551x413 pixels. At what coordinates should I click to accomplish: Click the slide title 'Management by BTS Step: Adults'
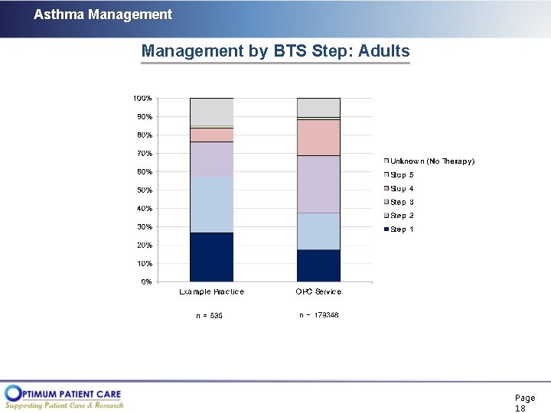tap(275, 51)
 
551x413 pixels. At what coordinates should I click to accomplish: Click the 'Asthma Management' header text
tap(103, 15)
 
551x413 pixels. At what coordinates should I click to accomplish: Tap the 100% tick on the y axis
tap(142, 99)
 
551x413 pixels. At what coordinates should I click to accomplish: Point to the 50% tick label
tap(144, 190)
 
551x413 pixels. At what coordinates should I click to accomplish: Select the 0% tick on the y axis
tap(145, 282)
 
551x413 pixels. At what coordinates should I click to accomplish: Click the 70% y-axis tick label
tap(144, 154)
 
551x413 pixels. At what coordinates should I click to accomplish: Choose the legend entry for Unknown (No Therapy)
tap(432, 161)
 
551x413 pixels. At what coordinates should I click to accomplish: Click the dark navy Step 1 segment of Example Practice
tap(211, 257)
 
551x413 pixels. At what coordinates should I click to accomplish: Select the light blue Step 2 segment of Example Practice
tap(211, 205)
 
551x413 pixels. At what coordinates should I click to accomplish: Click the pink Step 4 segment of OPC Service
tap(318, 138)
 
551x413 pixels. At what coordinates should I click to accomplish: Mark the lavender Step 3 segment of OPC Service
tap(318, 184)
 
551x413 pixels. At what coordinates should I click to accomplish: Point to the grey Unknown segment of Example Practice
tap(211, 112)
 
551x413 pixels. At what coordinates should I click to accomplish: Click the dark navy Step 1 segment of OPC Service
tap(318, 265)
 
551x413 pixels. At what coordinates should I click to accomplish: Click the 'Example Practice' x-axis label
tap(211, 292)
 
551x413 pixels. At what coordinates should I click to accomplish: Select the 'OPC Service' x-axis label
tap(318, 292)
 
